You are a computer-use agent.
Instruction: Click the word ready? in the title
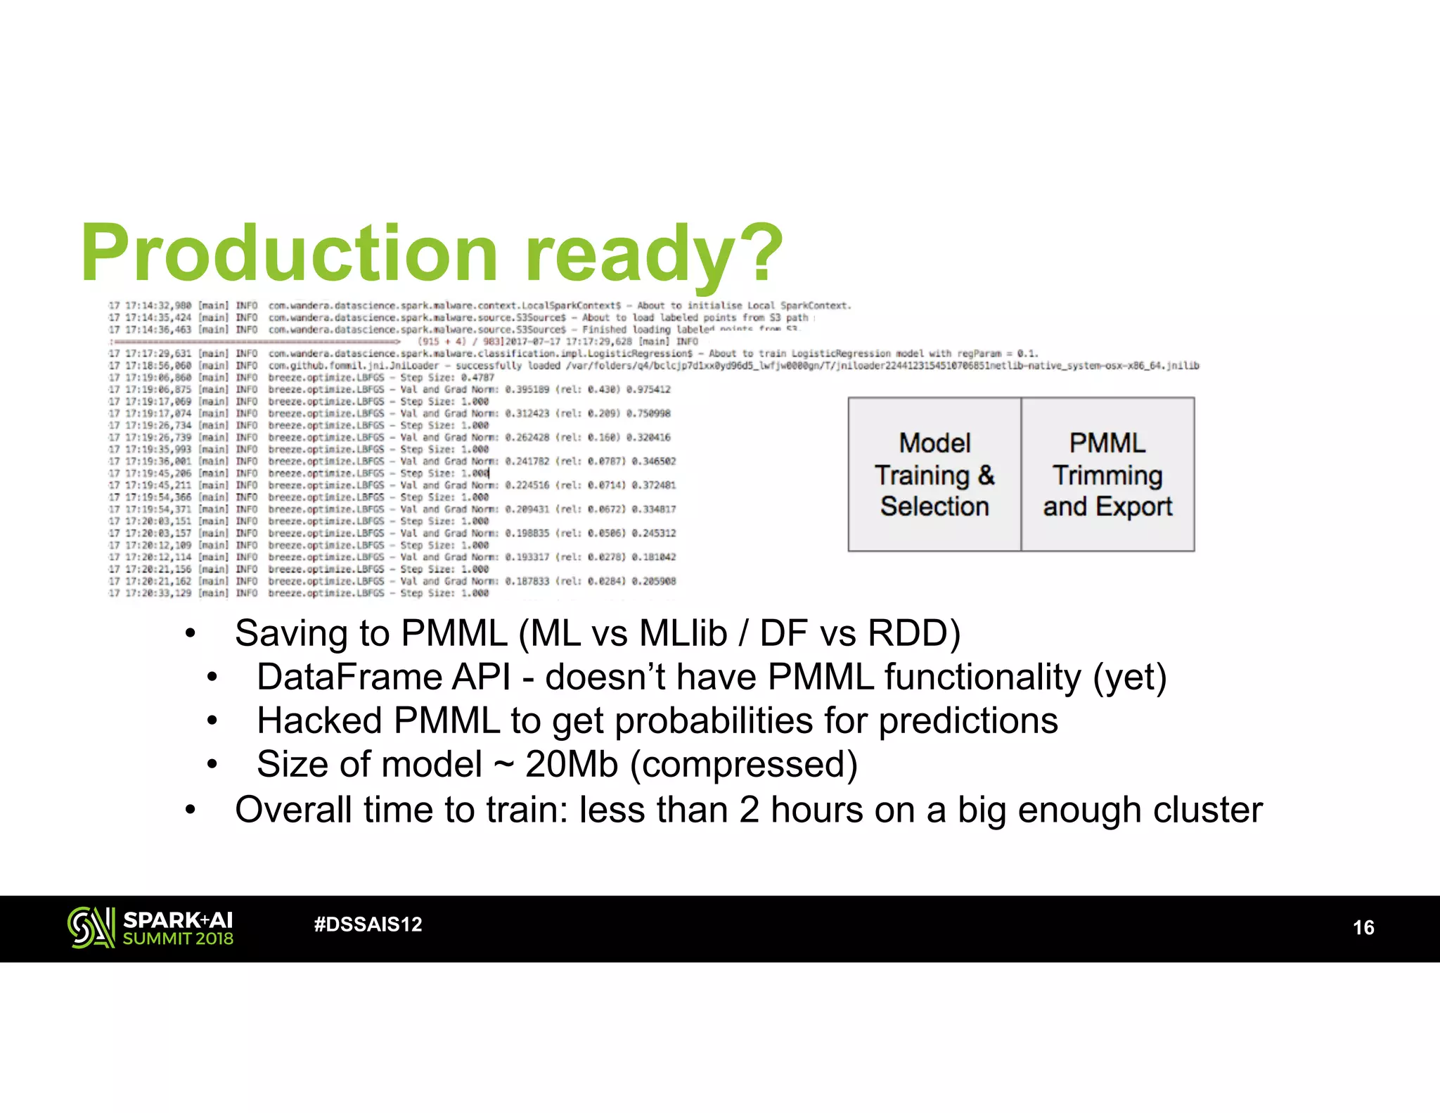tap(654, 253)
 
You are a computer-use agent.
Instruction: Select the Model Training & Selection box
tap(934, 474)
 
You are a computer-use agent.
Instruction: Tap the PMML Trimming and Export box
tap(1107, 474)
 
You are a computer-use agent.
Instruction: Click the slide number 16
tap(1363, 927)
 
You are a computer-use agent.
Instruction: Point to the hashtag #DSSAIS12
tap(368, 924)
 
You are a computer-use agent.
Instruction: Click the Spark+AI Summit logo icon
tap(91, 927)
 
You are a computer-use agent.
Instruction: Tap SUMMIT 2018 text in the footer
tap(178, 939)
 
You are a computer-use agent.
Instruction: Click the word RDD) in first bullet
tap(914, 633)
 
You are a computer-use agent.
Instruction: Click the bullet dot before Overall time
tap(190, 810)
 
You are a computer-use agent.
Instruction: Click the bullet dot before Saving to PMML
tap(190, 634)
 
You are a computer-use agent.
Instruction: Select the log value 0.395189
tap(527, 390)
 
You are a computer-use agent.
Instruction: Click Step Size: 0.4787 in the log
tap(447, 378)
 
